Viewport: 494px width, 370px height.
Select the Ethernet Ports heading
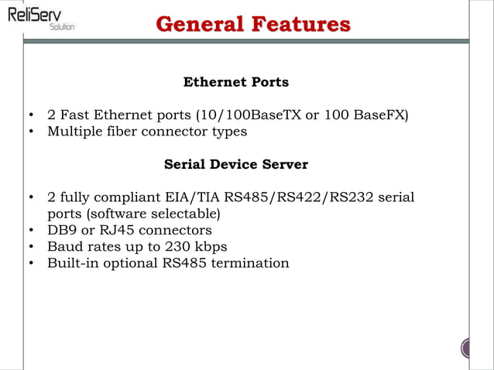[x=235, y=82]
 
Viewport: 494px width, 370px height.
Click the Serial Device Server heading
[x=235, y=165]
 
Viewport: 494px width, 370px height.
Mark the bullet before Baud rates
[x=30, y=247]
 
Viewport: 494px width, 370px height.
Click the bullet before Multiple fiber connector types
[x=30, y=132]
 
